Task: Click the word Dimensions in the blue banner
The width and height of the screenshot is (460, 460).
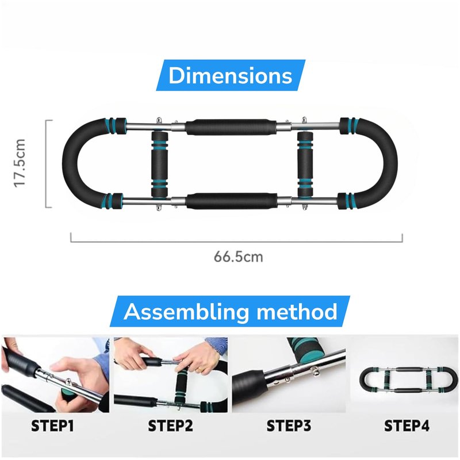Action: point(231,76)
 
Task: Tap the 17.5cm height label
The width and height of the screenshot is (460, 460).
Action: point(20,163)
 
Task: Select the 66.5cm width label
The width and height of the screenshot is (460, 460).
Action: point(238,256)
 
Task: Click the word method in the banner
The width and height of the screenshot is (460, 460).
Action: point(297,311)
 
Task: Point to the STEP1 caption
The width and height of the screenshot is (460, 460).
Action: point(52,425)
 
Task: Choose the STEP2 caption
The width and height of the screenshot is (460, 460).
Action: point(170,425)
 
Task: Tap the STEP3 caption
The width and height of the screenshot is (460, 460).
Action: point(289,425)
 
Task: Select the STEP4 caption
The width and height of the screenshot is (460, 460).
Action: point(407,425)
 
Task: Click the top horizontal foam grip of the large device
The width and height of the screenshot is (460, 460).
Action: point(231,126)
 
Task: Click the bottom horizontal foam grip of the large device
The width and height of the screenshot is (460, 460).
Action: point(232,201)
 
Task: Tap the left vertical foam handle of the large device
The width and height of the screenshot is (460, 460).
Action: point(160,164)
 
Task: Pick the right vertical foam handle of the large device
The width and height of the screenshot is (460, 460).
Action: point(306,164)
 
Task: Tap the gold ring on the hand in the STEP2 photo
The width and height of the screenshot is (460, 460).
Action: point(200,370)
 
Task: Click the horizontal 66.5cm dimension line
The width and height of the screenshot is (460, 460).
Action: point(236,242)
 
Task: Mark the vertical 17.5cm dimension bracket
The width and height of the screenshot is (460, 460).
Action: point(46,164)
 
